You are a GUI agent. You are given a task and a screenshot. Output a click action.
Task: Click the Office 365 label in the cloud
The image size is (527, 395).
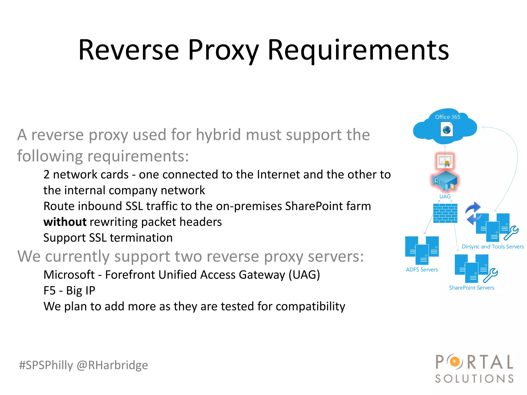[x=447, y=117]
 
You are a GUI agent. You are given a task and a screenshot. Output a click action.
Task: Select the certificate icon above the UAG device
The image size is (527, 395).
[x=445, y=161]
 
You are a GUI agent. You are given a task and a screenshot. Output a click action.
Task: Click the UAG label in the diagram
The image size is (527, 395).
[x=445, y=196]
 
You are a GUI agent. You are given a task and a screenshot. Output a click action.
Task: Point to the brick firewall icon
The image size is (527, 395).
[x=445, y=213]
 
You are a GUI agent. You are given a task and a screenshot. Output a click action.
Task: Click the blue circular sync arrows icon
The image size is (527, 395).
[x=473, y=213]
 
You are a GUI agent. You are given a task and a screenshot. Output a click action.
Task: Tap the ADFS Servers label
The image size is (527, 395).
[x=422, y=270]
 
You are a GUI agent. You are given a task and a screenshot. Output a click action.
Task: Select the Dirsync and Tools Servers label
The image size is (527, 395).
[x=493, y=247]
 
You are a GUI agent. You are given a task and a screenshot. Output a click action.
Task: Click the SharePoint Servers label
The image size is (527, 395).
[x=471, y=288]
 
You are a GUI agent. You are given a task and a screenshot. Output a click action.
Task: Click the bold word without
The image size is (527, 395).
[x=65, y=222]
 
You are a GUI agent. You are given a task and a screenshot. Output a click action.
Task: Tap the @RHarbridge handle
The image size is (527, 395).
[x=112, y=365]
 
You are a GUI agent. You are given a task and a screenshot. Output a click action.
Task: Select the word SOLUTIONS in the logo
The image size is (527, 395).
[x=474, y=379]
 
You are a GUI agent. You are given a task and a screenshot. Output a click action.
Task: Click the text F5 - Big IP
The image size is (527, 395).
[x=69, y=291]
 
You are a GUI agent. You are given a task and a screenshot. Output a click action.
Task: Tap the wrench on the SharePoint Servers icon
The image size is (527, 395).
[x=490, y=275]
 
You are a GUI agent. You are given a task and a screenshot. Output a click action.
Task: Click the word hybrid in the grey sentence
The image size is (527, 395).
[x=219, y=135]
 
